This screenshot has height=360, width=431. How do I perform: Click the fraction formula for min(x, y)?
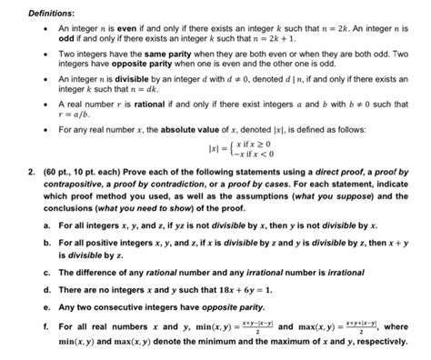tap(230, 323)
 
